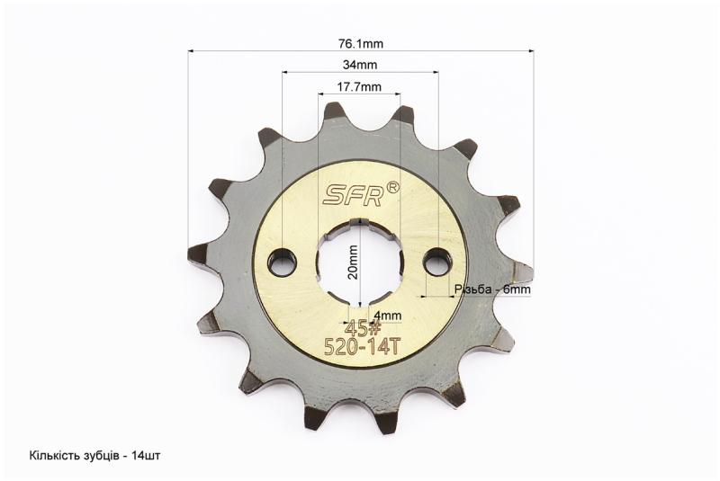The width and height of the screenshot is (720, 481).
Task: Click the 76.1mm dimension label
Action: (361, 44)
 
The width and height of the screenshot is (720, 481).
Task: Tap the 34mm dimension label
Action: (360, 65)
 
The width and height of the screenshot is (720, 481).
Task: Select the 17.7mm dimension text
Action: (359, 86)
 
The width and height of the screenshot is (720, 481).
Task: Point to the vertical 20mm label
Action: (353, 263)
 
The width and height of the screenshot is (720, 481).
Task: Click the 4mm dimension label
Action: (388, 316)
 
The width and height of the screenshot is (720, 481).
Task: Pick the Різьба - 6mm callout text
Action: (492, 289)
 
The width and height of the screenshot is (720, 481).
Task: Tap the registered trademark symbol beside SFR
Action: (393, 188)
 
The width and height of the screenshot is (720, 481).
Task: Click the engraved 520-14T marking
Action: (361, 347)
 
